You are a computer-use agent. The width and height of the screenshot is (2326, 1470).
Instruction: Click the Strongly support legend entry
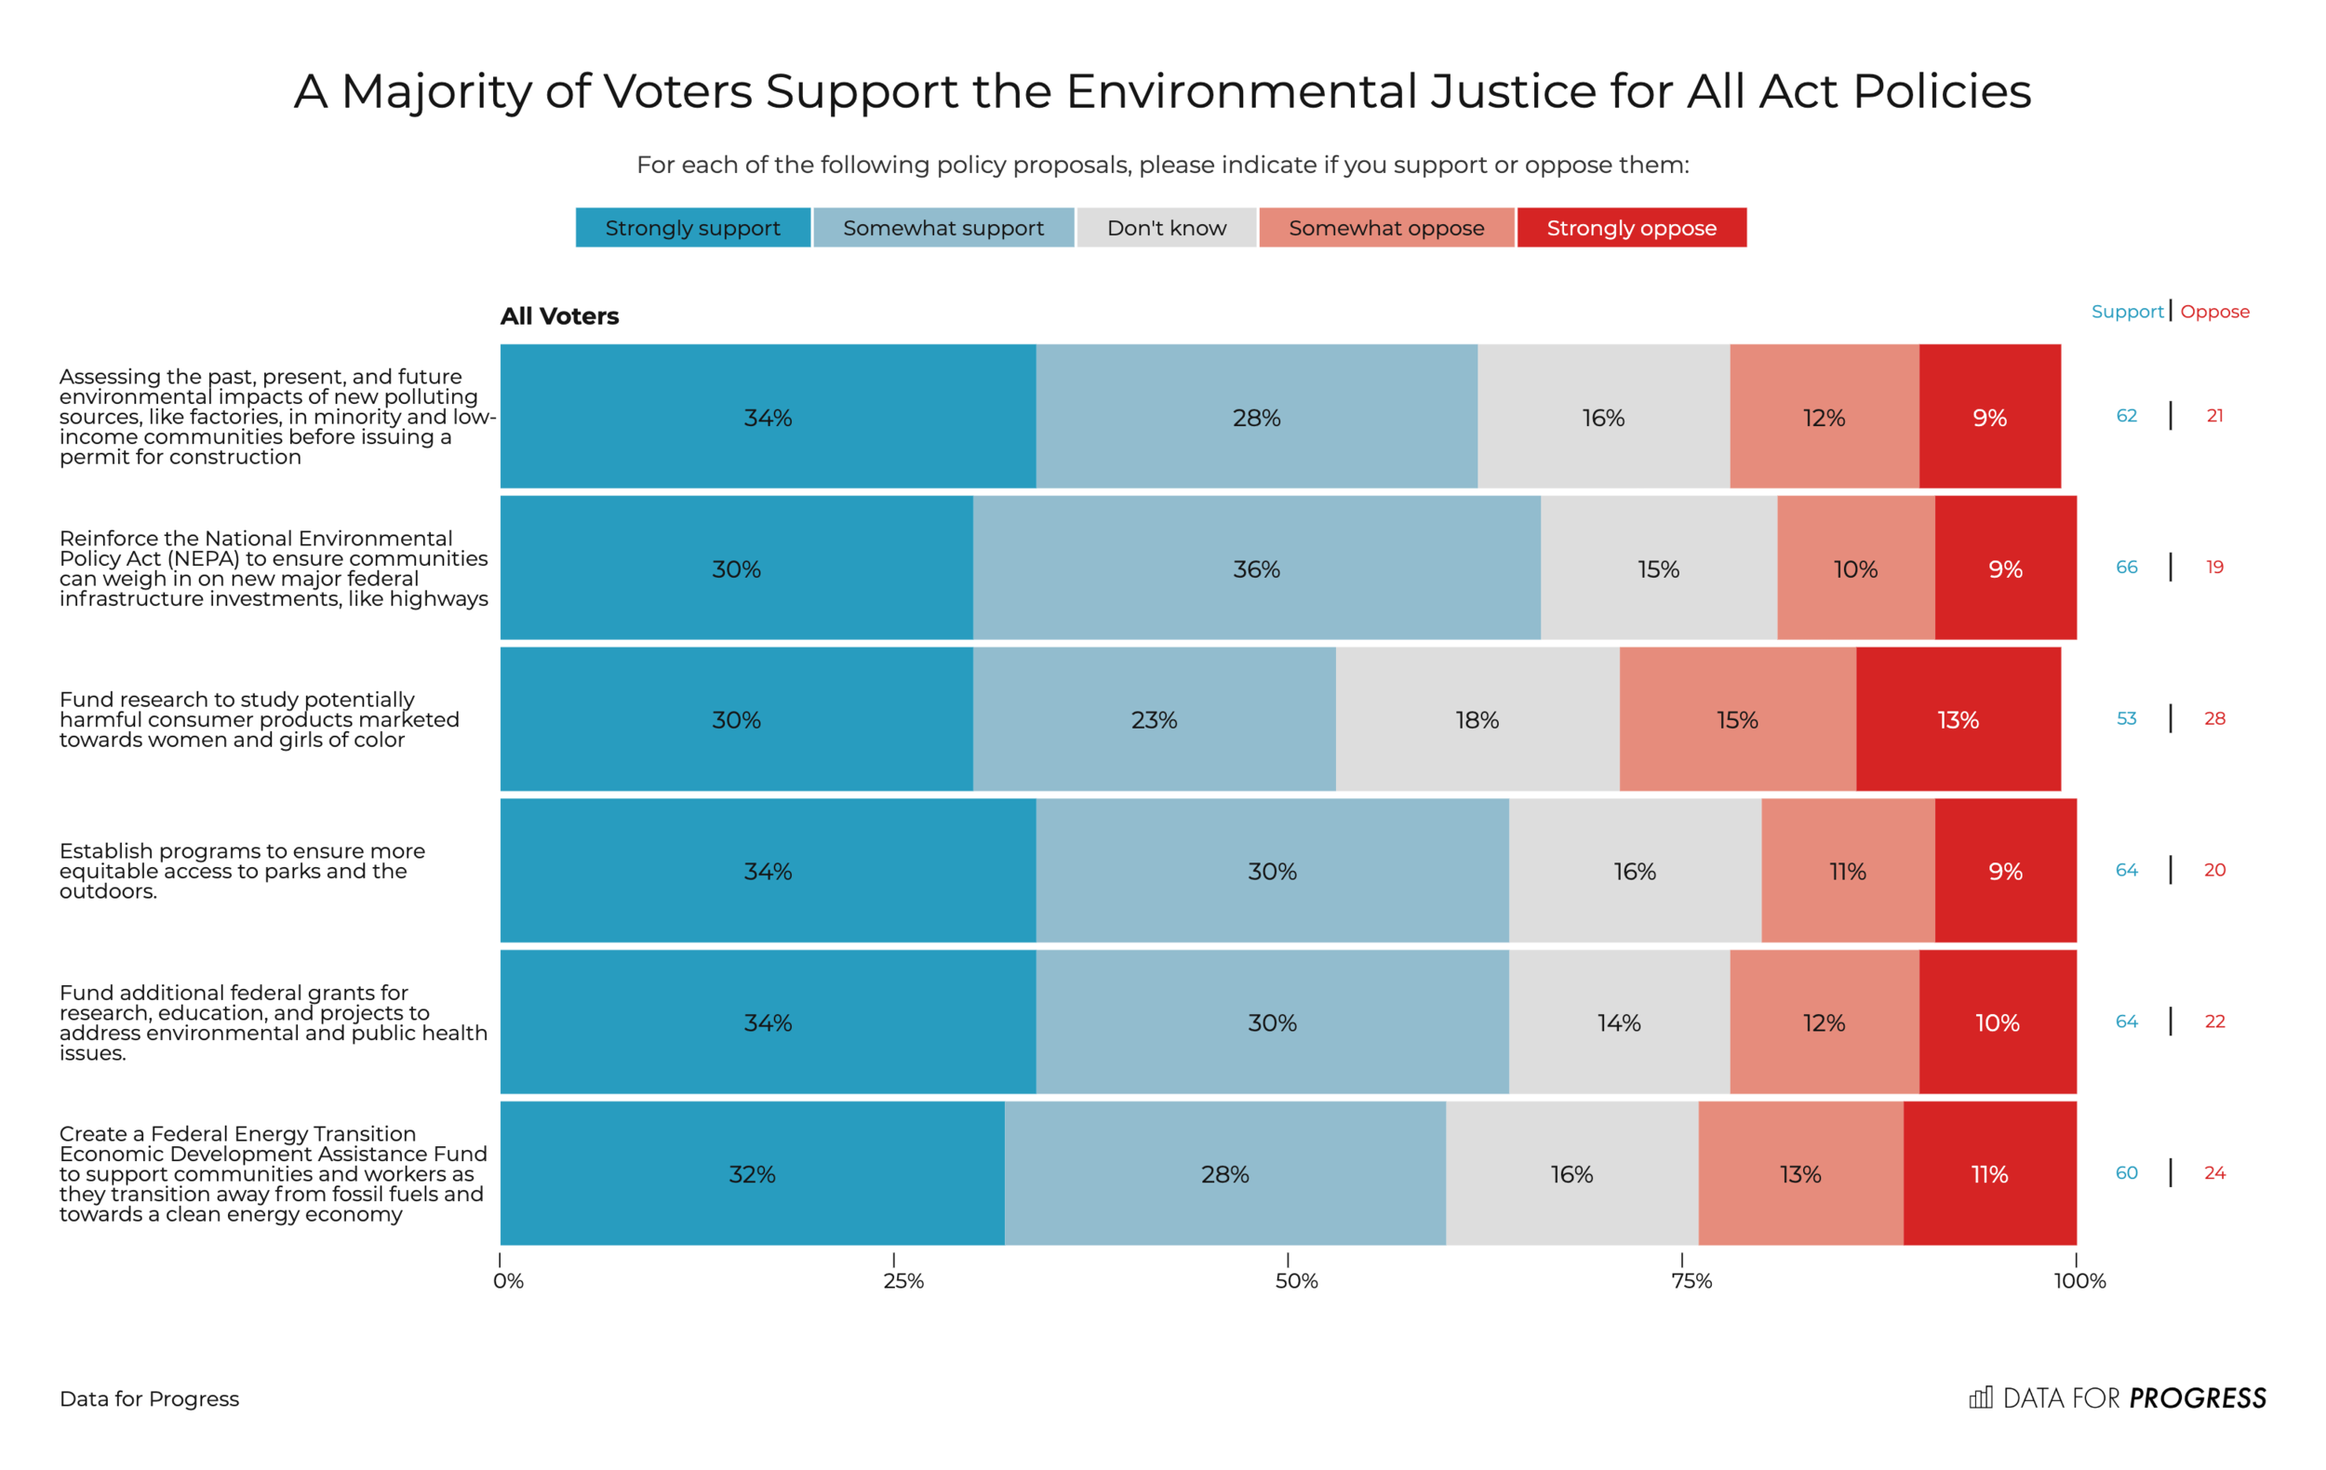(692, 228)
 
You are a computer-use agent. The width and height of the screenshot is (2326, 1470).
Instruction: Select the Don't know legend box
(1166, 228)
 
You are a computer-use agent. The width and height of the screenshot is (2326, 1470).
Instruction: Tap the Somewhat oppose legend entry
(1386, 228)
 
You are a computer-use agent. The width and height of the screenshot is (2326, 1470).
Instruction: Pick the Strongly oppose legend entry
(1632, 228)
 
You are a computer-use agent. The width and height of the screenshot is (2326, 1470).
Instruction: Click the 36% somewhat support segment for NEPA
(1256, 568)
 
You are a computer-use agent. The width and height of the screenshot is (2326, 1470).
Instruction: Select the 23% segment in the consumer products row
(1154, 719)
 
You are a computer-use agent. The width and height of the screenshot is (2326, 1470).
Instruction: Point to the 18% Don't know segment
(1477, 719)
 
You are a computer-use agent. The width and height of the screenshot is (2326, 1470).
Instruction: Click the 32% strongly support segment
(752, 1173)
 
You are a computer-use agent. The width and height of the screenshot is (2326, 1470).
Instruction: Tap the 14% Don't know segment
(1619, 1022)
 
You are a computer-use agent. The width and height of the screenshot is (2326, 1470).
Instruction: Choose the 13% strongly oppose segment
(1958, 719)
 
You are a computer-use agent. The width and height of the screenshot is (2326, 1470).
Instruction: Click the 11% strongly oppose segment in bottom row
(1989, 1173)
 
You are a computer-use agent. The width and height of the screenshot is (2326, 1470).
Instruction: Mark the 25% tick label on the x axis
(903, 1281)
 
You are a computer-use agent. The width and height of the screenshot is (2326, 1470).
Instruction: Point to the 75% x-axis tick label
(1691, 1281)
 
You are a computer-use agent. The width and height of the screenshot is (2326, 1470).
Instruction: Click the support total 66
(2126, 567)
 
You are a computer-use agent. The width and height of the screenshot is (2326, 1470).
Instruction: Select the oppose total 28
(2214, 718)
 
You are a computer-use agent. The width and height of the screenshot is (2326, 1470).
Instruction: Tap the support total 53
(2126, 718)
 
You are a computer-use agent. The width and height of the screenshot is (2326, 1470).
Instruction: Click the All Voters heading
(559, 315)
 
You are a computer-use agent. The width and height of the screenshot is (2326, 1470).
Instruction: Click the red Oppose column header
(2214, 312)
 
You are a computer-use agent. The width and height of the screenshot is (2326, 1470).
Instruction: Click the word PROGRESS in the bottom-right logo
(2197, 1397)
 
